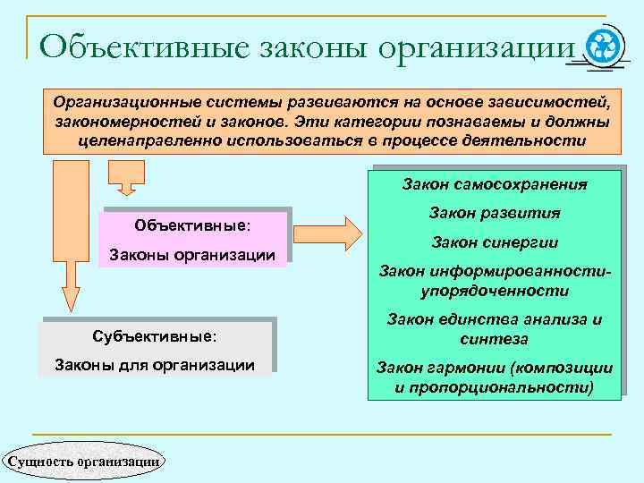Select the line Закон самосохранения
tap(495, 185)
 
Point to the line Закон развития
tap(495, 214)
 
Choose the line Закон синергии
tap(495, 242)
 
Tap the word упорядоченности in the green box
tap(495, 291)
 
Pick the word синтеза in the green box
tap(494, 339)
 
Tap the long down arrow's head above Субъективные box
tap(69, 297)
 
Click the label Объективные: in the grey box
tap(191, 224)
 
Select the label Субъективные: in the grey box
tap(155, 335)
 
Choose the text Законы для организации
tap(155, 364)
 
